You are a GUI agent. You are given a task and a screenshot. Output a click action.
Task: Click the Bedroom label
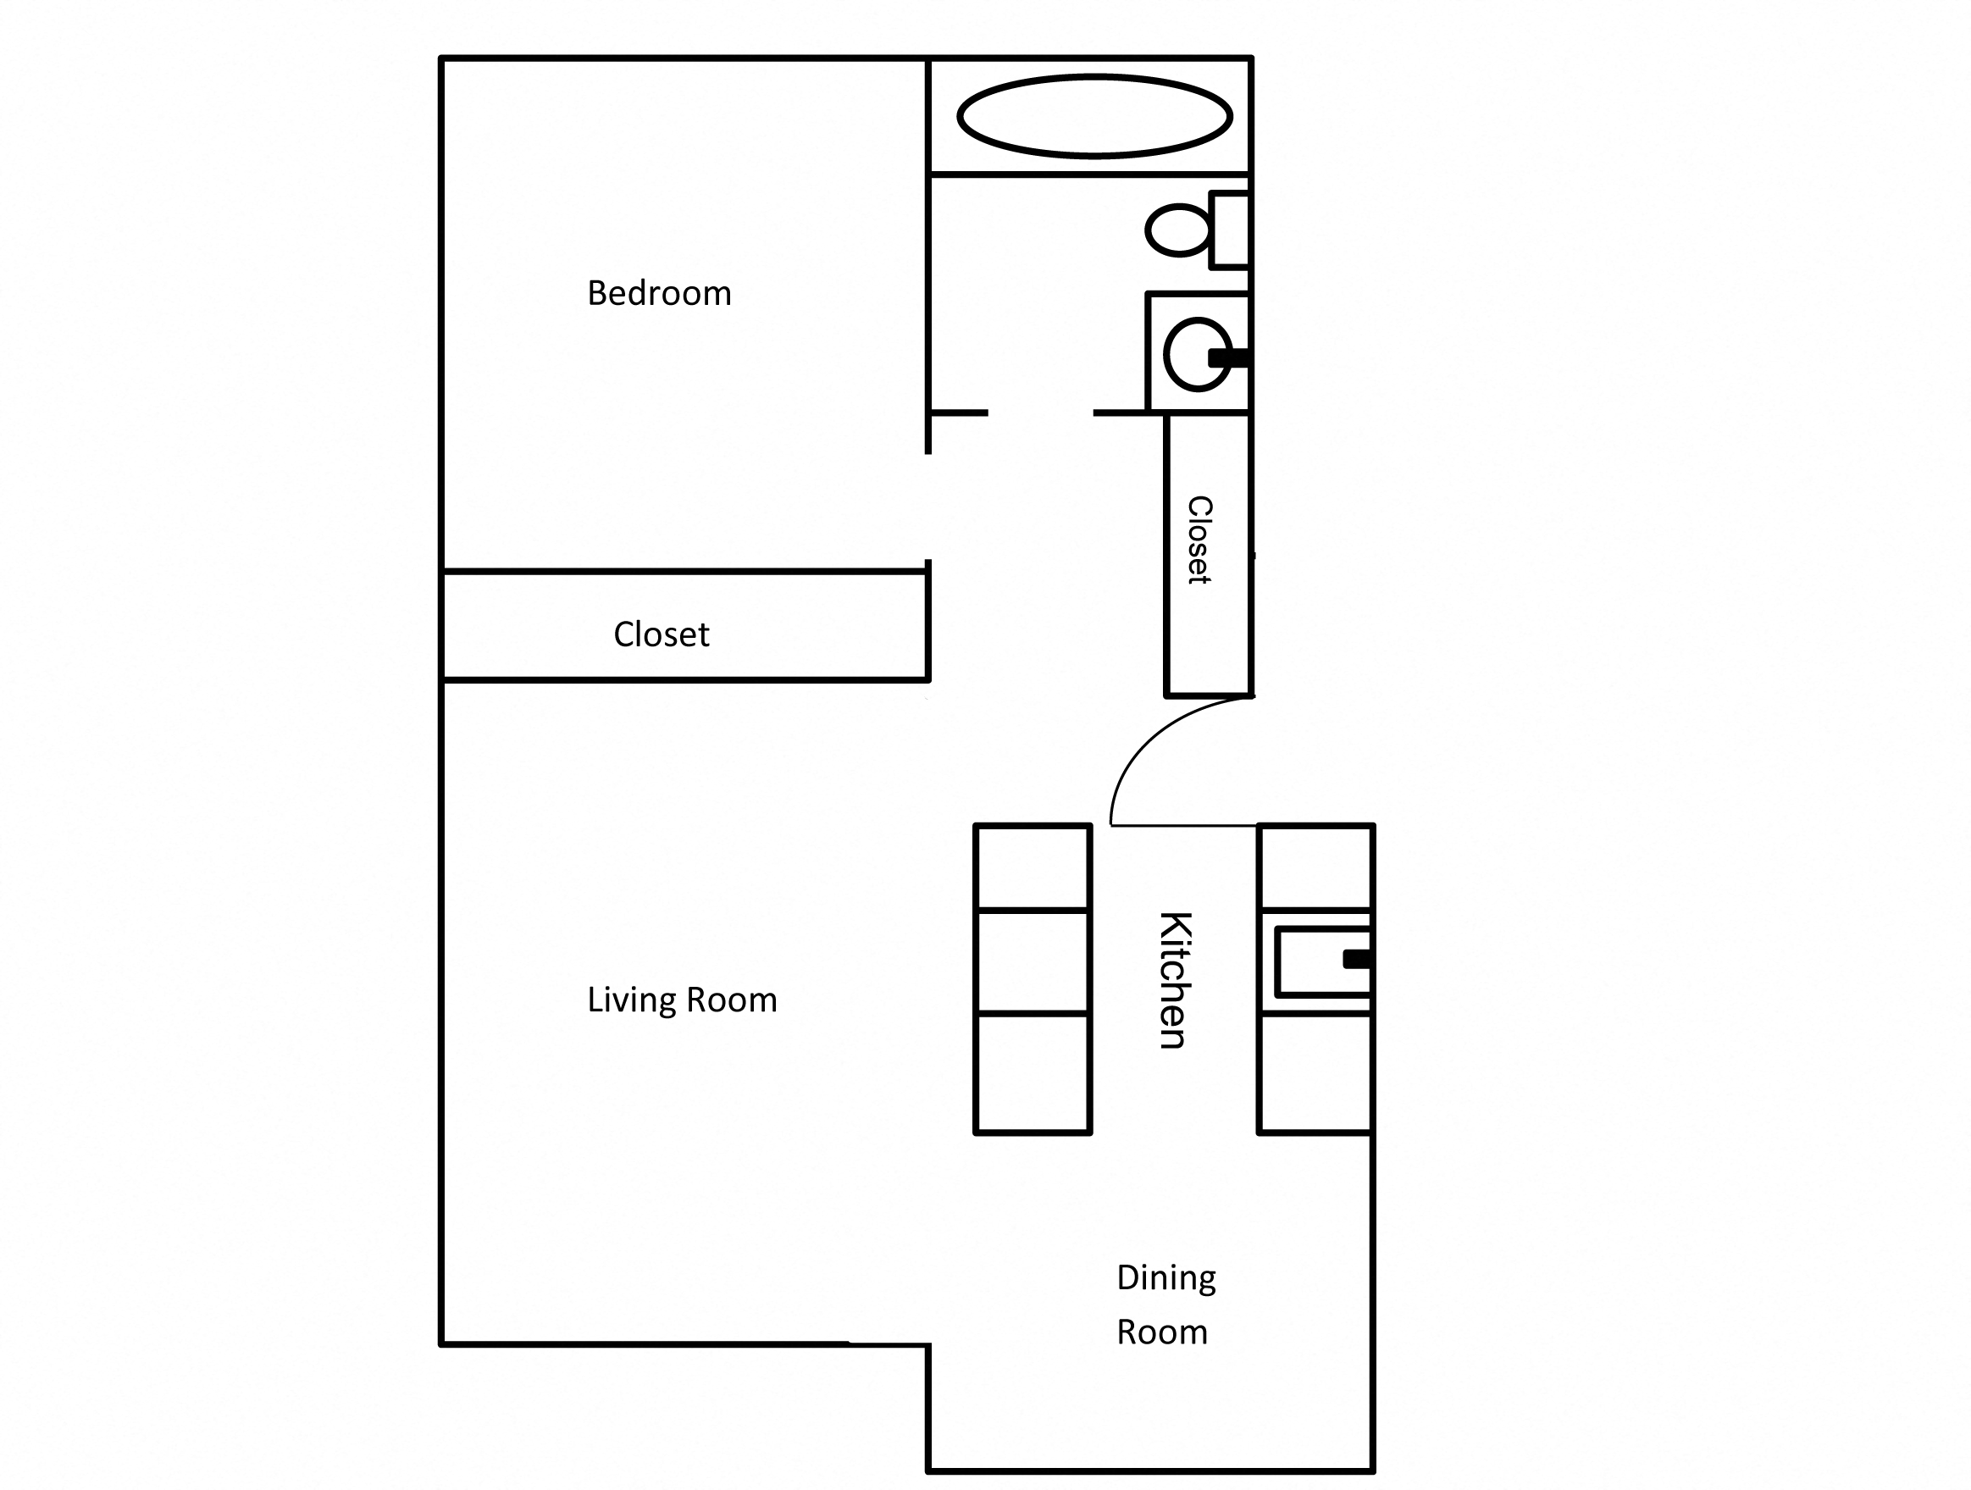point(658,293)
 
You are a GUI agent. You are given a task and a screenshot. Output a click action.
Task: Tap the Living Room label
point(682,1000)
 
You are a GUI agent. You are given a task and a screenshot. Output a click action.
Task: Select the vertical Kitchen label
point(1175,979)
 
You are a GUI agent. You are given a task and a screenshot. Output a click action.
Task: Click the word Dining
point(1165,1279)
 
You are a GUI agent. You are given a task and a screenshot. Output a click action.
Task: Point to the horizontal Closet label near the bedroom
point(661,634)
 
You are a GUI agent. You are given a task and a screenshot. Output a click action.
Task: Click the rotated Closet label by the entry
point(1200,540)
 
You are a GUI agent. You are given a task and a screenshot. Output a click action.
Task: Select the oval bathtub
point(1094,117)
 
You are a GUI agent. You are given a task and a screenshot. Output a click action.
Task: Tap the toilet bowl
point(1177,230)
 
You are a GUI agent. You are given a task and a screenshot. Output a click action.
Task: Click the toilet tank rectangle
point(1231,230)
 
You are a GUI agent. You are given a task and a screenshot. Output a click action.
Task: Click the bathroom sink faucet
point(1228,358)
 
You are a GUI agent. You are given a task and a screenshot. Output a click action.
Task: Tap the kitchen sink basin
point(1309,961)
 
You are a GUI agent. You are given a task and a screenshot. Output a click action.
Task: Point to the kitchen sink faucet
point(1355,959)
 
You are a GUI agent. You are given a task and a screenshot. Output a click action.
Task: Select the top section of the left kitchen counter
point(1033,867)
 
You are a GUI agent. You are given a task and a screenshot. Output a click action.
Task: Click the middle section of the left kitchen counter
point(1033,961)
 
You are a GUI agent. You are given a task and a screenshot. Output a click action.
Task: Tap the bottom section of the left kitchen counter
point(1033,1073)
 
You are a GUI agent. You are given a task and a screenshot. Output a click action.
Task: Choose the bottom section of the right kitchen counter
point(1315,1073)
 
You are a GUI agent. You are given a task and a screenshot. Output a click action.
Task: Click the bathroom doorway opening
point(1040,413)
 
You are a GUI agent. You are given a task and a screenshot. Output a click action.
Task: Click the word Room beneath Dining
point(1161,1333)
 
